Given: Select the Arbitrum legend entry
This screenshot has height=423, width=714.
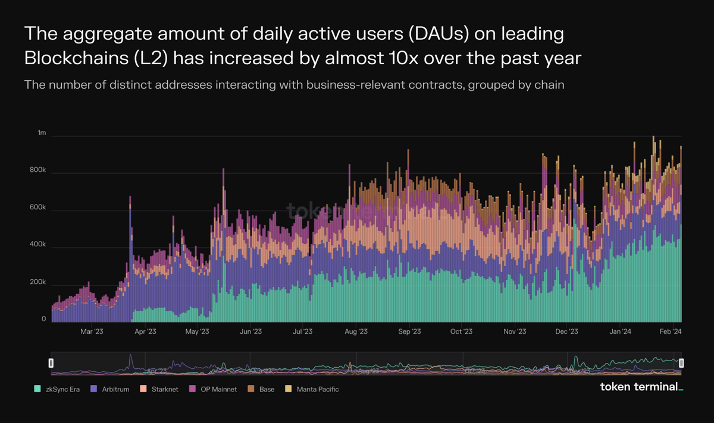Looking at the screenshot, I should click(x=111, y=389).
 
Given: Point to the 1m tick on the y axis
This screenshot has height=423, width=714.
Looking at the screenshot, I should click(x=41, y=133).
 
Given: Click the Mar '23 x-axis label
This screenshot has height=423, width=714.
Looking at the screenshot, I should click(x=91, y=331).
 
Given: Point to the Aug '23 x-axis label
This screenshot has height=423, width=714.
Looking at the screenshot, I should click(x=356, y=331).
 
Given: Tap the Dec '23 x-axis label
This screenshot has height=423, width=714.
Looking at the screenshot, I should click(x=567, y=331).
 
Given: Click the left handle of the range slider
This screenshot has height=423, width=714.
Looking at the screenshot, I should click(x=51, y=362).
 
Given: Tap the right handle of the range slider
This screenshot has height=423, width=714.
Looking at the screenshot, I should click(x=681, y=362).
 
